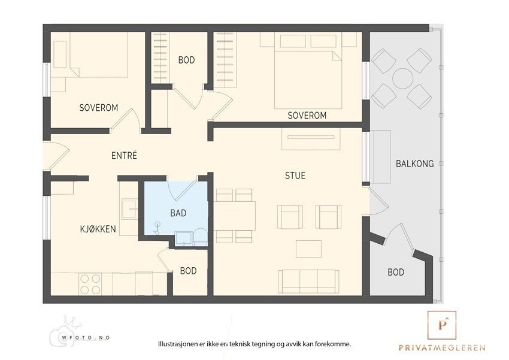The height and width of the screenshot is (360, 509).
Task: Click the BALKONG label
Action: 414,164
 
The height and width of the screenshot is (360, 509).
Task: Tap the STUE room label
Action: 295,176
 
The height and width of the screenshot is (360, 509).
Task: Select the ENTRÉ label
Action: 124,156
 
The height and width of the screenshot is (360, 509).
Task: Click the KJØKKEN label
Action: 98,229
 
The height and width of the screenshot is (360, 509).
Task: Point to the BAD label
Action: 178,213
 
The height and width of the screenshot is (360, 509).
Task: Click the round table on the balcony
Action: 402,78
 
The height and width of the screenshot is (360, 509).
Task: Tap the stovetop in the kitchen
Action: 90,284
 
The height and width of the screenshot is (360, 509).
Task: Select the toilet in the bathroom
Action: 200,237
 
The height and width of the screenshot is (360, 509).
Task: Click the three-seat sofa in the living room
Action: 308,281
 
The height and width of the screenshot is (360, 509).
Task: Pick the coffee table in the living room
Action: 308,249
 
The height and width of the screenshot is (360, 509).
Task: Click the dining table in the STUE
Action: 234,216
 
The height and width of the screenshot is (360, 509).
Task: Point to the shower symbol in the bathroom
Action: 157,228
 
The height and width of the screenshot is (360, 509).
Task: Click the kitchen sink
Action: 129,208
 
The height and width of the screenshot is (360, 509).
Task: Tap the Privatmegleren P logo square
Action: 442,325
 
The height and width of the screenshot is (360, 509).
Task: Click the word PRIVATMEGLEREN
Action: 442,347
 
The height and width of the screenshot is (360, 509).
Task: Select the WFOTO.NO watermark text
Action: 86,338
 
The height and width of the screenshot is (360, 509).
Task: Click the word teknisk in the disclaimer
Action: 240,344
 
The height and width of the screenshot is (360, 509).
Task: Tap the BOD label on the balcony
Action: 396,272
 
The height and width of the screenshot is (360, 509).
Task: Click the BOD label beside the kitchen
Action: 188,271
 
